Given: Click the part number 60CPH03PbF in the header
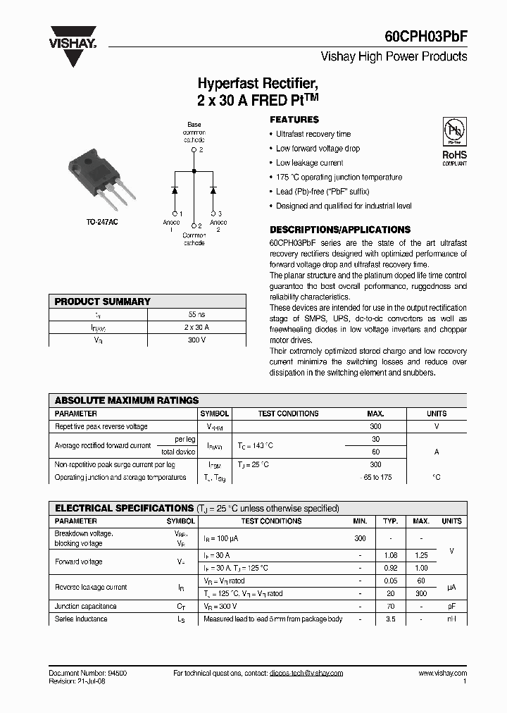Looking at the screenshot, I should pyautogui.click(x=425, y=35).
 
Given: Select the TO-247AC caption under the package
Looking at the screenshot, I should pyautogui.click(x=102, y=222).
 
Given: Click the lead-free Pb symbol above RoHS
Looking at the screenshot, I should pyautogui.click(x=453, y=131).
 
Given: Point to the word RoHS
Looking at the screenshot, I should pyautogui.click(x=454, y=155).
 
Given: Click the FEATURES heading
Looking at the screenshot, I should pyautogui.click(x=294, y=120).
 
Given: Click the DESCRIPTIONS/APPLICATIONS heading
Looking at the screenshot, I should pyautogui.click(x=340, y=230).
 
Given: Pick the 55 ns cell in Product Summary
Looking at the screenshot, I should pyautogui.click(x=196, y=314).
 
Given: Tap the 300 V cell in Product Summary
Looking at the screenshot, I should pyautogui.click(x=196, y=340).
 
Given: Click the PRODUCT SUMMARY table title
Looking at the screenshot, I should pyautogui.click(x=103, y=302).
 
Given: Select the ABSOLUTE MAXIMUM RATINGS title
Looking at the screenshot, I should pyautogui.click(x=127, y=400).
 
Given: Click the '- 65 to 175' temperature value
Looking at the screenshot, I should pyautogui.click(x=375, y=478).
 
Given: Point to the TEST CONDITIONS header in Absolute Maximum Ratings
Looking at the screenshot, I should pyautogui.click(x=288, y=414).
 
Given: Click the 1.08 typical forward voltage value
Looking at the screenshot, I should pyautogui.click(x=391, y=555).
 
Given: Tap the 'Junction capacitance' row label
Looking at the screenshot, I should pyautogui.click(x=86, y=607).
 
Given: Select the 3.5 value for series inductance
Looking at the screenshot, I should pyautogui.click(x=391, y=619).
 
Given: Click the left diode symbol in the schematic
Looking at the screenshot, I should pyautogui.click(x=175, y=190).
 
